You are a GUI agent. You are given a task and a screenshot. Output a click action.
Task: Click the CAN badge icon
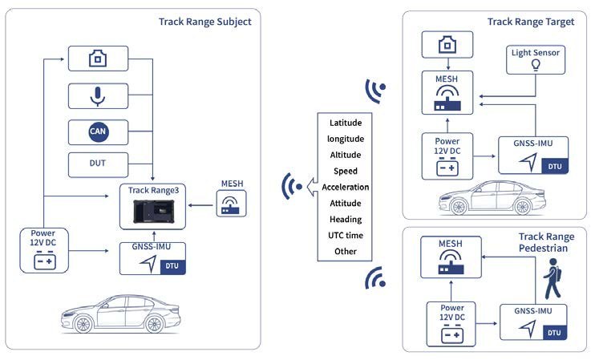click(x=99, y=131)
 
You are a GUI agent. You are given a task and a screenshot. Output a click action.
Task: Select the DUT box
click(x=98, y=164)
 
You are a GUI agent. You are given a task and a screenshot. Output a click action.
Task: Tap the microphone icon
click(x=98, y=96)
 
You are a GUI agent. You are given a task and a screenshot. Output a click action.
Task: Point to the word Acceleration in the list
click(x=346, y=187)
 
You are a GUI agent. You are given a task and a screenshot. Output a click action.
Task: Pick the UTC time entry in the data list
click(x=346, y=235)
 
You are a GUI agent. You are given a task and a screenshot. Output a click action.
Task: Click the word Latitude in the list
click(x=346, y=123)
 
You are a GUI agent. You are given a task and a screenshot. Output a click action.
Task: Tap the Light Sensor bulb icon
click(x=535, y=65)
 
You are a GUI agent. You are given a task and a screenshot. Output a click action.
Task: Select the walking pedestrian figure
click(x=553, y=278)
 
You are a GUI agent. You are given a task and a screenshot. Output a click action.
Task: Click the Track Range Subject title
click(x=204, y=22)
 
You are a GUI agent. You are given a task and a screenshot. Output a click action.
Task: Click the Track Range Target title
click(x=531, y=22)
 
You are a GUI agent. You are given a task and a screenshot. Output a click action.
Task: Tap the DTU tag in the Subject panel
click(x=172, y=266)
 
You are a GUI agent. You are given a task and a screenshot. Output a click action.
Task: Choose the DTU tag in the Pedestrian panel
click(x=554, y=333)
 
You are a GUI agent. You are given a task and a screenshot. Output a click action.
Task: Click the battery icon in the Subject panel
click(x=45, y=261)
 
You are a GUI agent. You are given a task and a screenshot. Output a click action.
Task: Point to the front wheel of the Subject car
click(x=83, y=323)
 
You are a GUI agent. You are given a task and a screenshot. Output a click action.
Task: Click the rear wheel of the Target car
click(x=523, y=206)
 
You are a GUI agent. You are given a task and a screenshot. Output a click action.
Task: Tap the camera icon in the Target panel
click(x=447, y=45)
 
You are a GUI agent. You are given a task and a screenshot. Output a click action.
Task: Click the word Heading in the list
click(x=346, y=220)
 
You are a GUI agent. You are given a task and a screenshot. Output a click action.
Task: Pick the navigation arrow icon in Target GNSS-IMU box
click(x=528, y=162)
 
